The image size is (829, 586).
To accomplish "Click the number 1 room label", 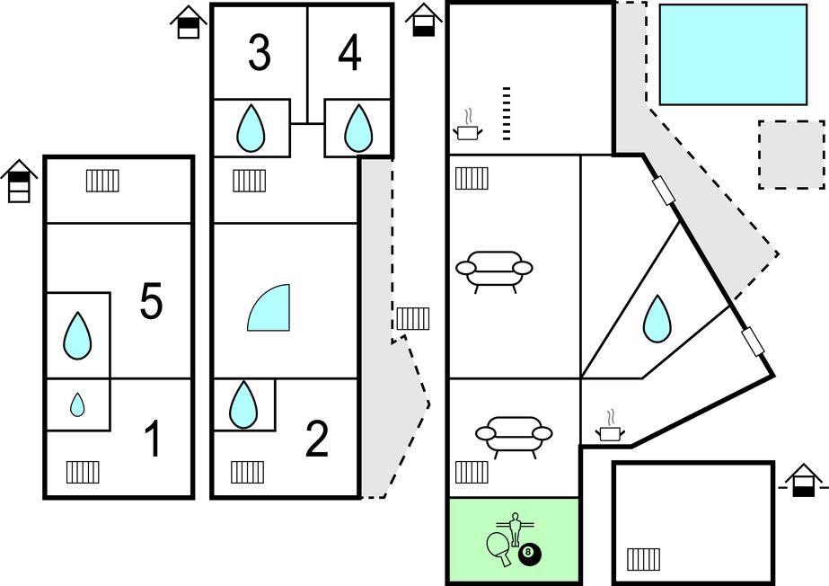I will point(154,440).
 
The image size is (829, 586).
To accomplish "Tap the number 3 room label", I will point(260,54).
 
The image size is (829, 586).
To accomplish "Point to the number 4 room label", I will point(349,54).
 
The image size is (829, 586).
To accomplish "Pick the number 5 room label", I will point(151,302).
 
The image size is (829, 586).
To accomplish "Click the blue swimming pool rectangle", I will point(733,54).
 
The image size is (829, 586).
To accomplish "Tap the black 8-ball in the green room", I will point(530,555).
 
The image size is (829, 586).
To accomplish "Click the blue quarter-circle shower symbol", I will point(270,307).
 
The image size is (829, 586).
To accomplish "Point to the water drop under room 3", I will point(251,129).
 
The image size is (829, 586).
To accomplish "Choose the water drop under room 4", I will point(358,128).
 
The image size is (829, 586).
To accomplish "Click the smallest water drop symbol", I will point(78,405).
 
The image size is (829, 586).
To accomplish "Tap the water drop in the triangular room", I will point(657,318).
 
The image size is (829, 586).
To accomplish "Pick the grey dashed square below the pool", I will point(791,155).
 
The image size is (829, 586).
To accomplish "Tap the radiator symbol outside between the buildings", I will point(413,318).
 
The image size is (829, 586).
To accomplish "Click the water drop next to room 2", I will point(243,405).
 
